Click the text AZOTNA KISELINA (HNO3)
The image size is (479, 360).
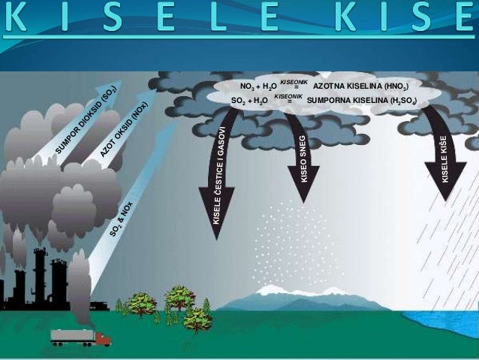pyautogui.click(x=360, y=86)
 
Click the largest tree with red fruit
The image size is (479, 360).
pyautogui.click(x=179, y=299)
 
